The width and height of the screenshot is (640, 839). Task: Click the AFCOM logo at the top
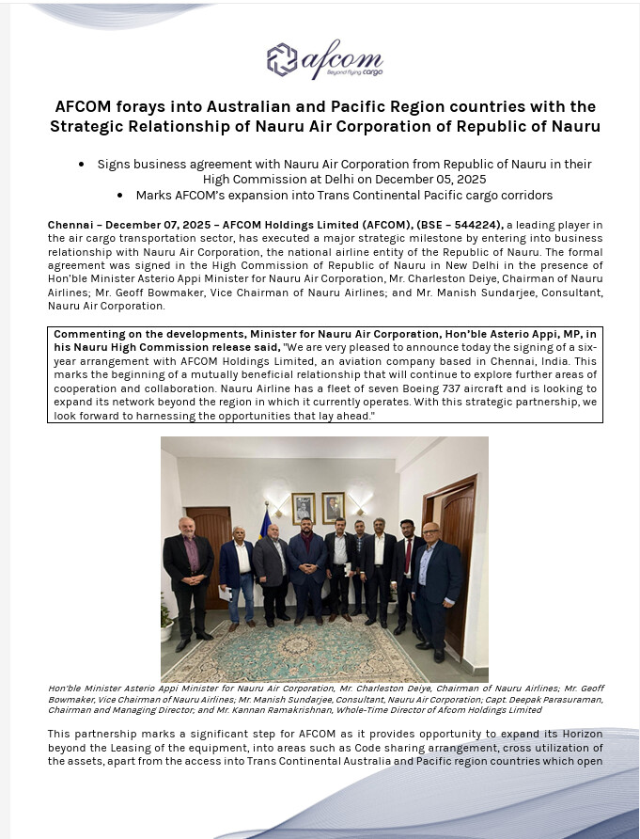click(x=324, y=61)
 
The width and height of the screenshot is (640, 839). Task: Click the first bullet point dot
click(x=82, y=164)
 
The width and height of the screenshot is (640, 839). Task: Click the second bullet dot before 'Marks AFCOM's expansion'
click(x=120, y=196)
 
